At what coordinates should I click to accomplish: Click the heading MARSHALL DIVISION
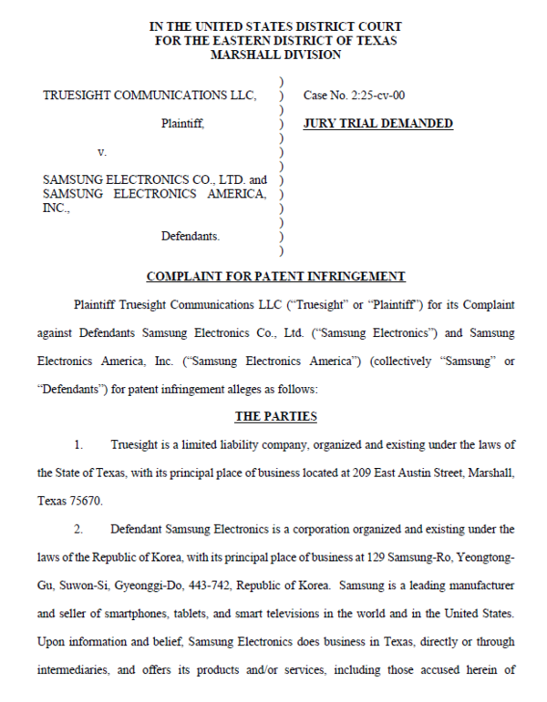coord(275,55)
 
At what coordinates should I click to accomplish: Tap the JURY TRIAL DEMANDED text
coord(377,124)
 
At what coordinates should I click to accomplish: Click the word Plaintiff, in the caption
coord(183,124)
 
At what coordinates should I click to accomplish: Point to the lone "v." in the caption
coord(102,152)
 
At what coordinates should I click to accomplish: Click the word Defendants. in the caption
coord(191,236)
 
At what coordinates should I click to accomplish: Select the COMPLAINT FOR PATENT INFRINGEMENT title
coord(275,277)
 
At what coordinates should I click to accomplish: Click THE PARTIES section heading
coord(275,416)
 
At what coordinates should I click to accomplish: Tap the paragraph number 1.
coord(79,444)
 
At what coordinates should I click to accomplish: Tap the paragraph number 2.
coord(79,528)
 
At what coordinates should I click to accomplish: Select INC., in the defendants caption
coord(57,208)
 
